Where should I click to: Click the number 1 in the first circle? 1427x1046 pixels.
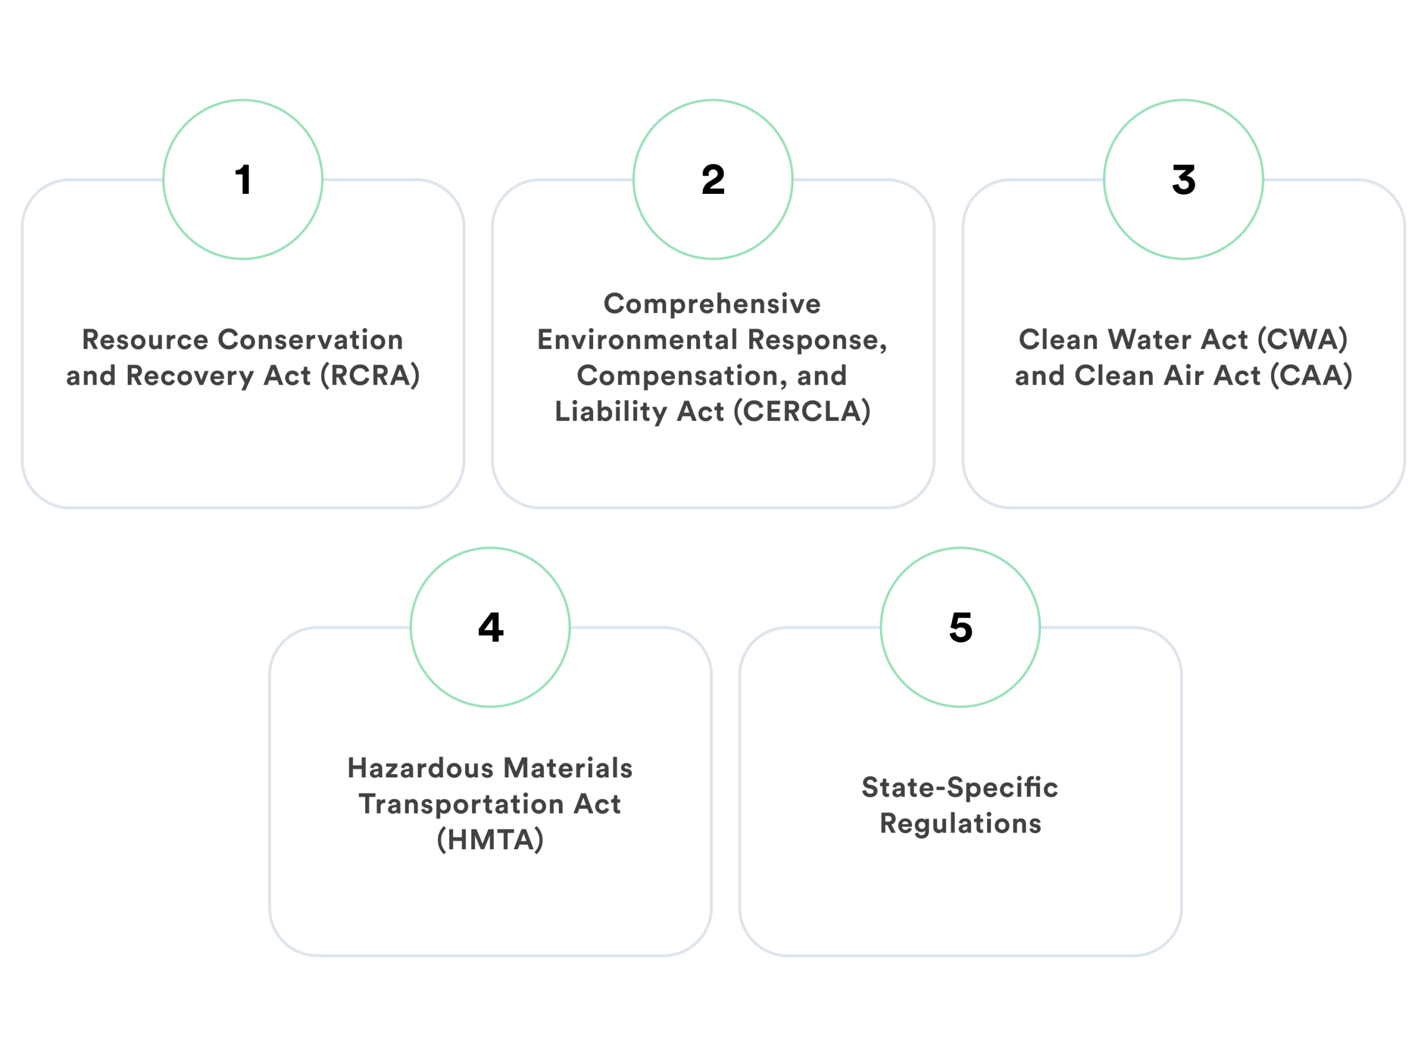243,180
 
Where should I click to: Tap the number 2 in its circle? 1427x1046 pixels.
713,180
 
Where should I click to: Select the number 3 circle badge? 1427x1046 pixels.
1183,180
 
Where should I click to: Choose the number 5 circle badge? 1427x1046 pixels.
960,627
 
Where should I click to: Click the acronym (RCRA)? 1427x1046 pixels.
370,376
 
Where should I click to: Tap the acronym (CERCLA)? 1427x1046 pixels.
802,412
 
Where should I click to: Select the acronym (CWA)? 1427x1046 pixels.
1302,340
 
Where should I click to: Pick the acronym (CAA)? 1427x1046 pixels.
1311,376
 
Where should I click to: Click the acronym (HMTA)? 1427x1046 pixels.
490,840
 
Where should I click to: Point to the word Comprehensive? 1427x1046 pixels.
712,304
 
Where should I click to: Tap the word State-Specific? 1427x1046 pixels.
959,787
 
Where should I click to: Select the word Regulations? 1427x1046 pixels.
960,824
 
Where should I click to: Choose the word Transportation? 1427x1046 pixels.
462,804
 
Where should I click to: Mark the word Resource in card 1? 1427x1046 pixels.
145,340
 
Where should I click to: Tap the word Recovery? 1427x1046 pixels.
190,376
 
